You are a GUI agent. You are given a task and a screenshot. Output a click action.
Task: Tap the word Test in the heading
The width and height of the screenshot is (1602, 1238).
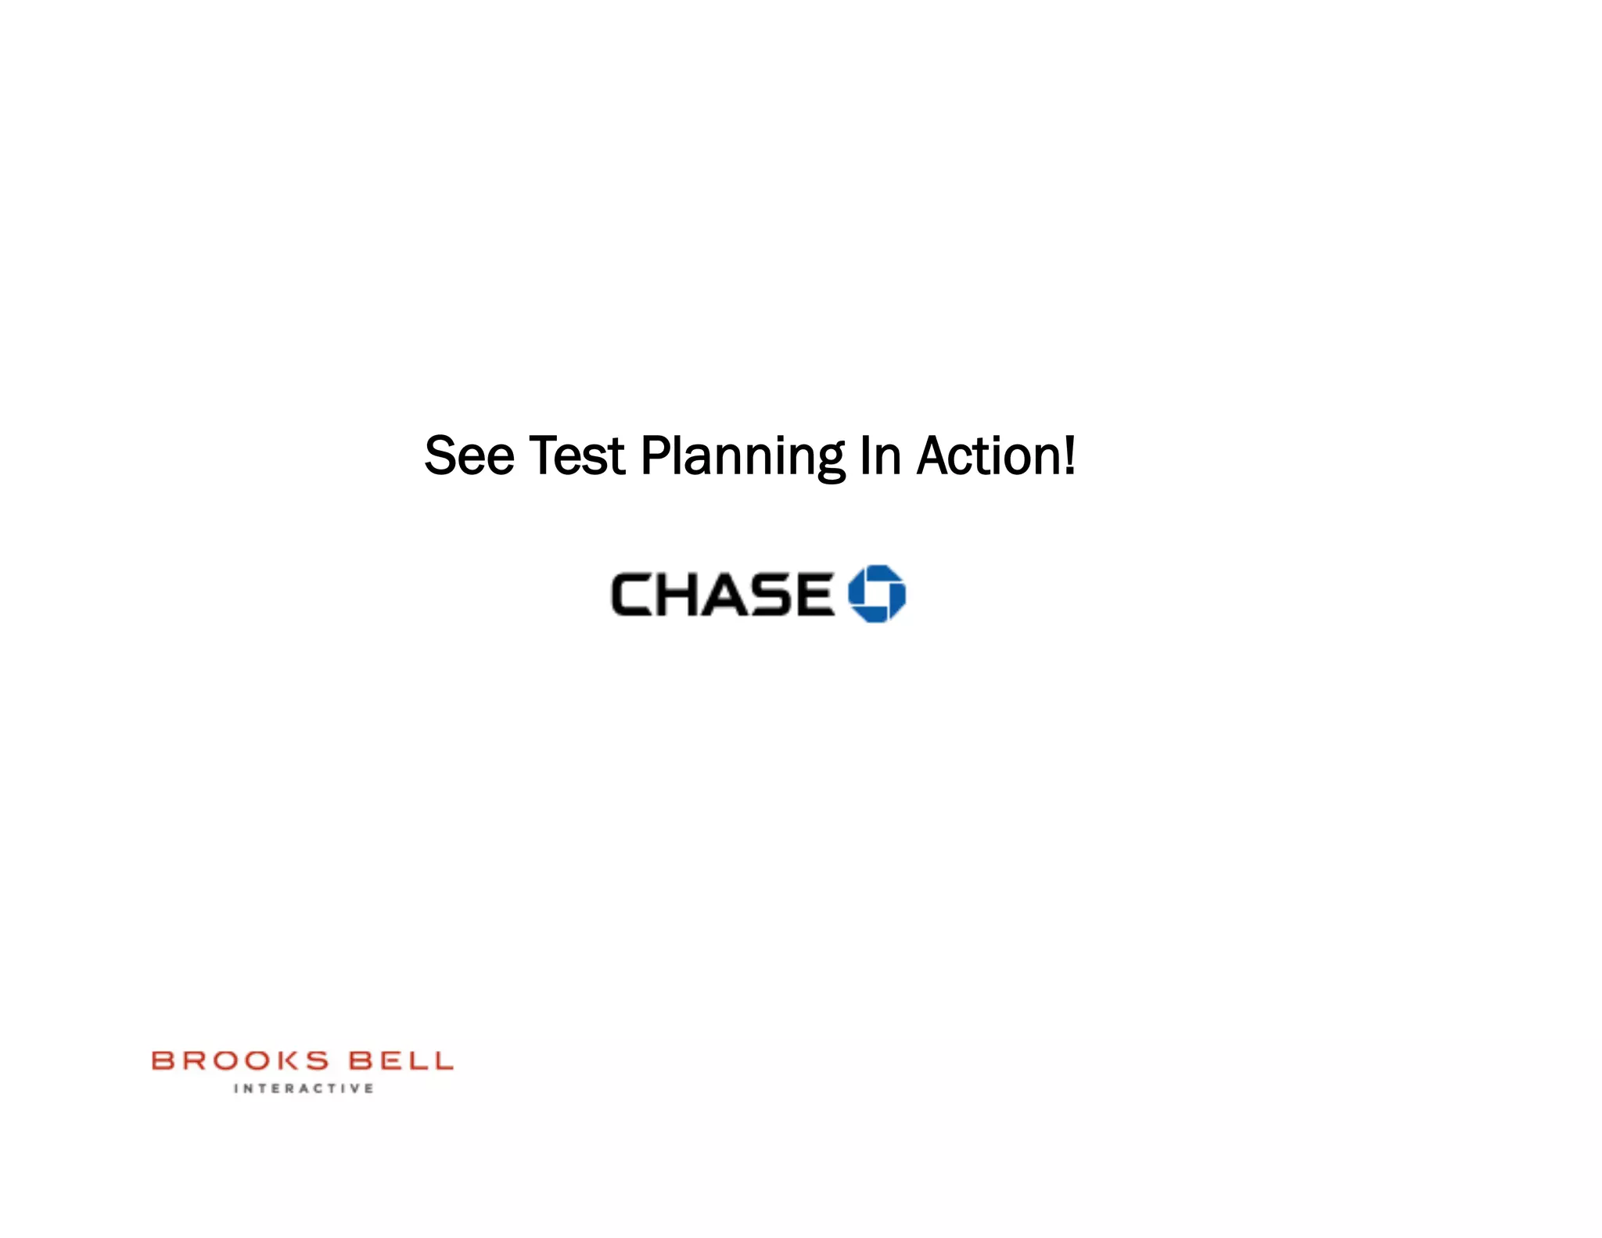tap(577, 455)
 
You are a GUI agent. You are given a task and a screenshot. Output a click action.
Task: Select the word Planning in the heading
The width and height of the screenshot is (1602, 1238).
tap(742, 457)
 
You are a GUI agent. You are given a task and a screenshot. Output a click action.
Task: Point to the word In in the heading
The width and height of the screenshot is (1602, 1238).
tap(880, 455)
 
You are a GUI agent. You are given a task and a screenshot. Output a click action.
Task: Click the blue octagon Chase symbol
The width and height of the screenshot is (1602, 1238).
tap(877, 593)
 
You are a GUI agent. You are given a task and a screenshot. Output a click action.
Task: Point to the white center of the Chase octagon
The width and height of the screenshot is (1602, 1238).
tap(877, 593)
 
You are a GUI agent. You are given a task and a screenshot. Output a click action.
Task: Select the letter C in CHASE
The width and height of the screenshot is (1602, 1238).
tap(632, 594)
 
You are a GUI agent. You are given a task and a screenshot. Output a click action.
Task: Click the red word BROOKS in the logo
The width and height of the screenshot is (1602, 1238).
tap(240, 1060)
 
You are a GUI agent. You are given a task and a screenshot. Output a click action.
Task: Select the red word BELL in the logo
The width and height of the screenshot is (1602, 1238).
tap(400, 1060)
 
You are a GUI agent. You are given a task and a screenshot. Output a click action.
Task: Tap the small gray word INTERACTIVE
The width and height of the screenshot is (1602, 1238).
tap(304, 1088)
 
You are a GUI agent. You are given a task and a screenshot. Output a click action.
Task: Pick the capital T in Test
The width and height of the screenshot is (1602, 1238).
tap(544, 455)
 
